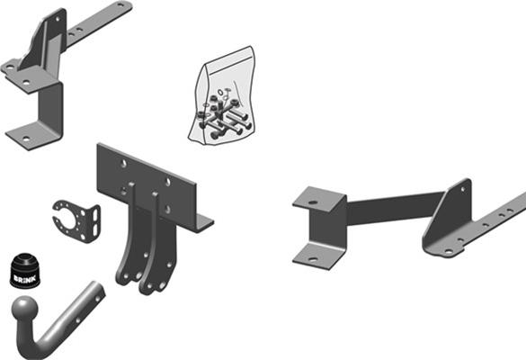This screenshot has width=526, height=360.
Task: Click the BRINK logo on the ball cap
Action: click(x=24, y=279)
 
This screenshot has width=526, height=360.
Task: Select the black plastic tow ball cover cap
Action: click(x=25, y=270)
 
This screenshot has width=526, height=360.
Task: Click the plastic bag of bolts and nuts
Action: click(x=223, y=96)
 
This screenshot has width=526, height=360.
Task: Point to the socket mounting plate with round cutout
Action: click(x=77, y=220)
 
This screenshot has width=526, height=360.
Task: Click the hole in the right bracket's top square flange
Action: click(x=313, y=202)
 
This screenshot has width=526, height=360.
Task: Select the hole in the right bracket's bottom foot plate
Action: click(x=313, y=259)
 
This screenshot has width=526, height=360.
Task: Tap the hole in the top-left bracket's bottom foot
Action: click(x=25, y=138)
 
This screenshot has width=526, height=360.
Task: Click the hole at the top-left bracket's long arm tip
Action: click(x=120, y=5)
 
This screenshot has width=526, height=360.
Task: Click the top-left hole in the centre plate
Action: click(x=124, y=164)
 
